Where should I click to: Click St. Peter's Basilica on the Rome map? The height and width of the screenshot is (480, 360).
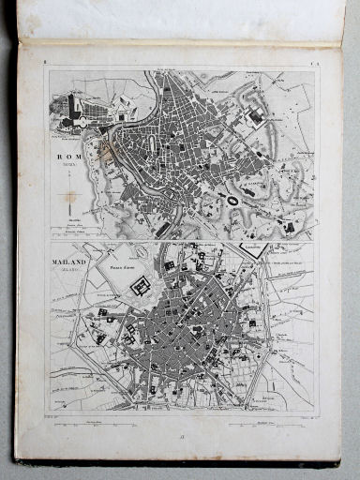[x=73, y=110]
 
